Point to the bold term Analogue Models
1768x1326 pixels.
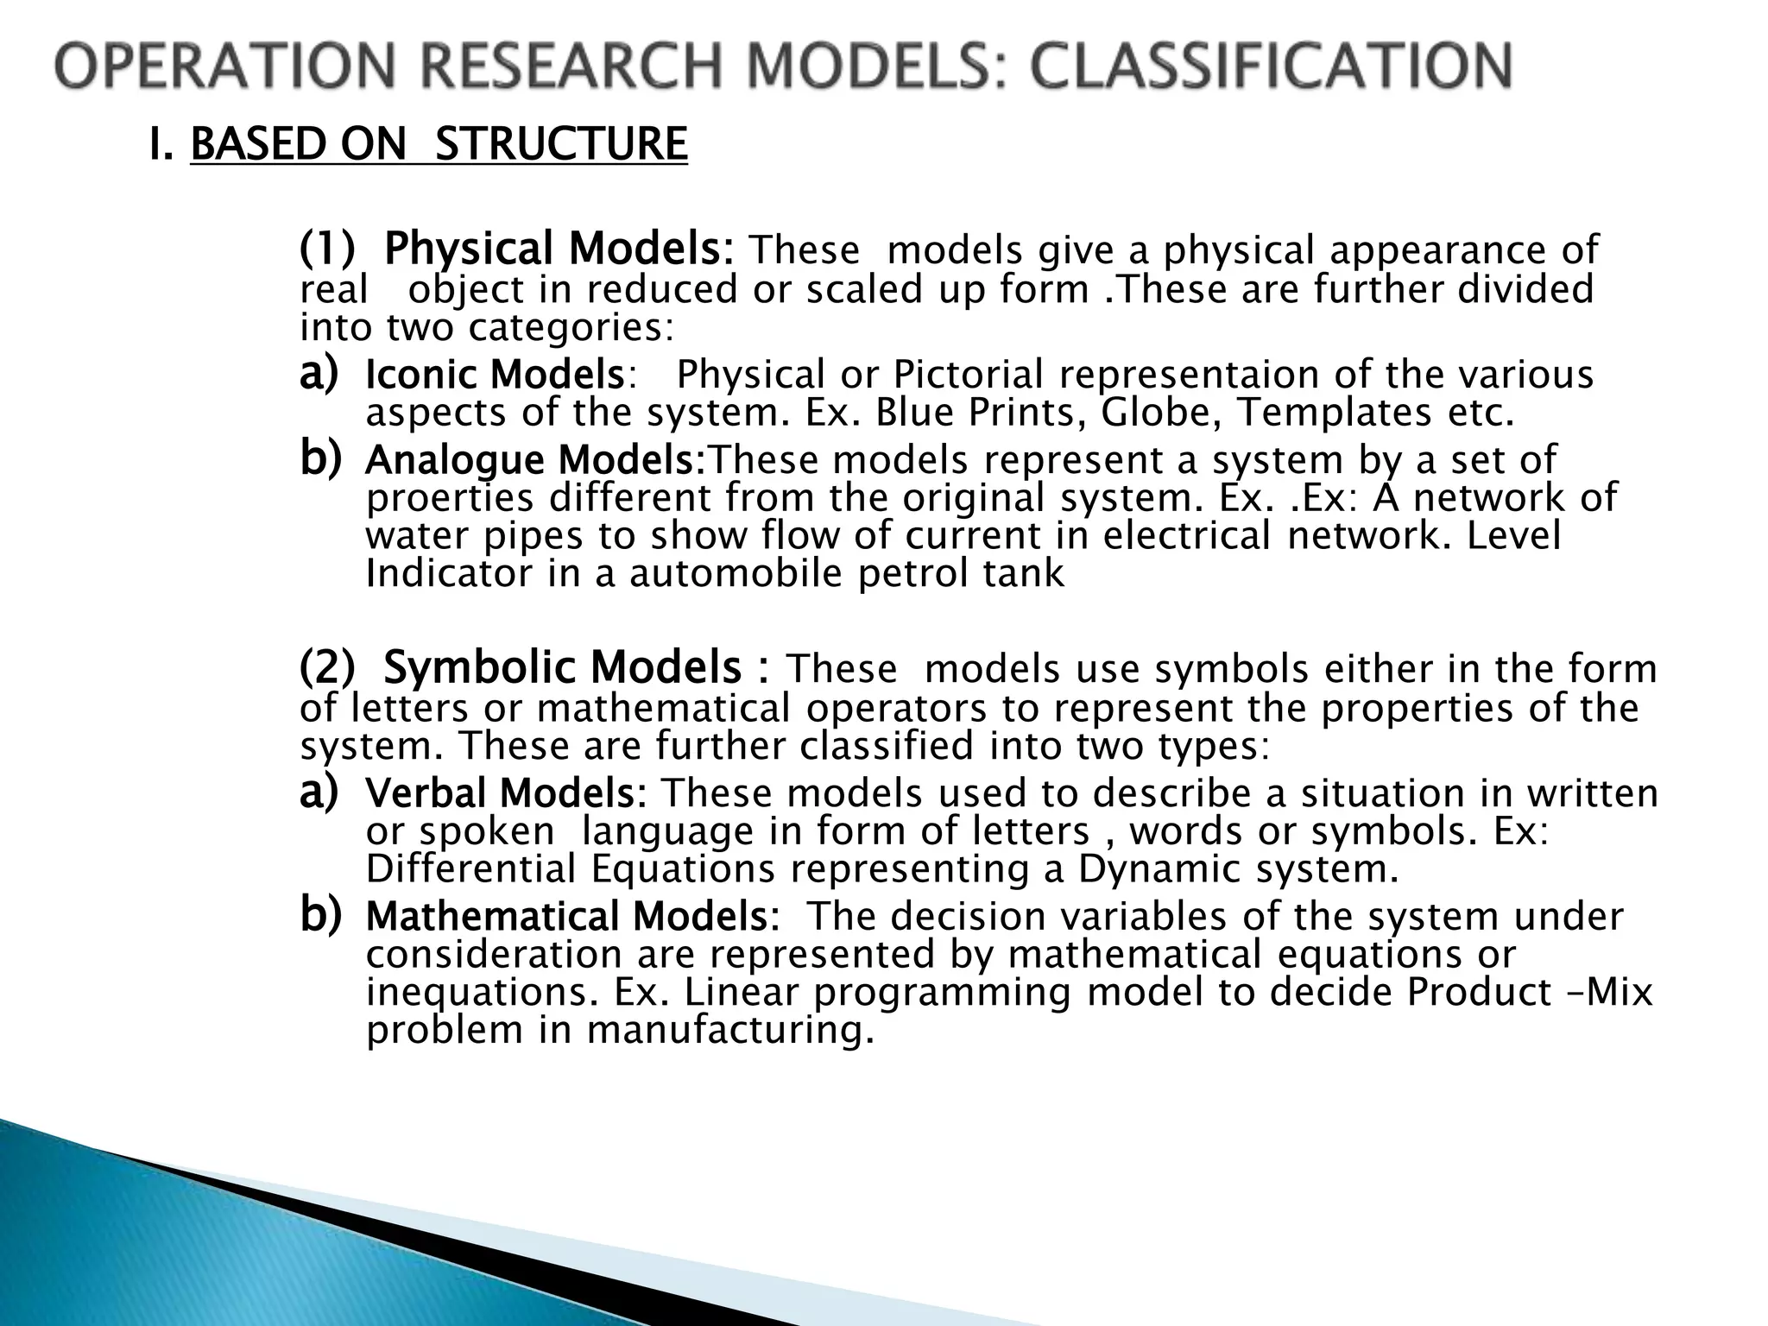pyautogui.click(x=533, y=459)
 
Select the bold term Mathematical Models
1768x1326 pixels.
pyautogui.click(x=570, y=917)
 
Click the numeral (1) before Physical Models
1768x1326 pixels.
pyautogui.click(x=327, y=249)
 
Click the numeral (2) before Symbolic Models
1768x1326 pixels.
pyautogui.click(x=327, y=667)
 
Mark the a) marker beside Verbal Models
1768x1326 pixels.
pyautogui.click(x=319, y=792)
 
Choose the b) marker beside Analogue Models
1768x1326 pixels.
pyautogui.click(x=319, y=458)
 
